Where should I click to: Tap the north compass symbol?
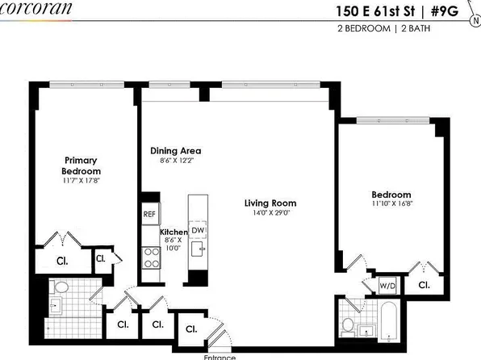pos(473,22)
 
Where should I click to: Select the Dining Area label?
pos(175,151)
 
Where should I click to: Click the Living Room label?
pos(270,203)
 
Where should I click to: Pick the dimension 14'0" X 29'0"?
pos(270,215)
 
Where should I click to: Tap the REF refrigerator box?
pos(148,214)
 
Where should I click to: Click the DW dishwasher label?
pos(196,231)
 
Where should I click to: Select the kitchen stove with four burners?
pos(150,257)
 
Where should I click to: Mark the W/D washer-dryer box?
pos(387,286)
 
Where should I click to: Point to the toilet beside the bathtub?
pos(349,325)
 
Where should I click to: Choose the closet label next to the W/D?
pos(424,286)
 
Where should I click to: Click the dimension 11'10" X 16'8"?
pos(391,206)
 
